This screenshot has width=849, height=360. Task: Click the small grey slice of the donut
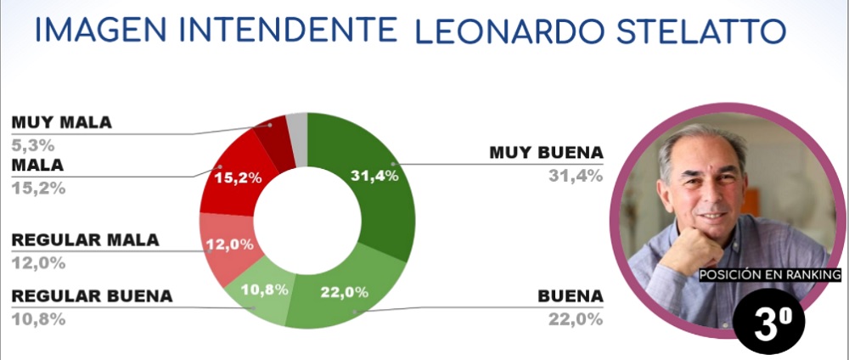click(297, 127)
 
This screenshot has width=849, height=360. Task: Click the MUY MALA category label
click(61, 121)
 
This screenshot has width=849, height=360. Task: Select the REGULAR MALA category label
click(85, 240)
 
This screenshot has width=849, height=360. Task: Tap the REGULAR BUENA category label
click(92, 296)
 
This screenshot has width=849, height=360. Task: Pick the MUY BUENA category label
click(546, 153)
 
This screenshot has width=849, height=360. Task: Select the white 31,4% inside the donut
click(373, 176)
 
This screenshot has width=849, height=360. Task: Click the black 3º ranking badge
click(766, 324)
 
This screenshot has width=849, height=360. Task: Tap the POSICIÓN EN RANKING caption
click(769, 275)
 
